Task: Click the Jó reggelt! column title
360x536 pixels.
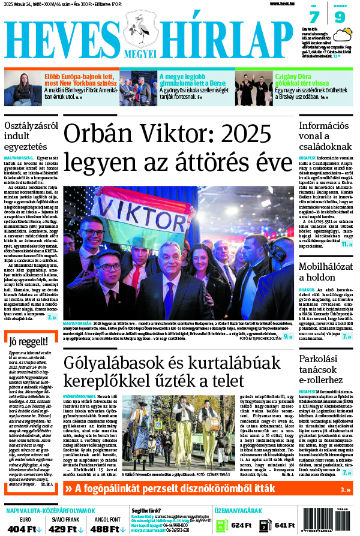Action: [x=25, y=342]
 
